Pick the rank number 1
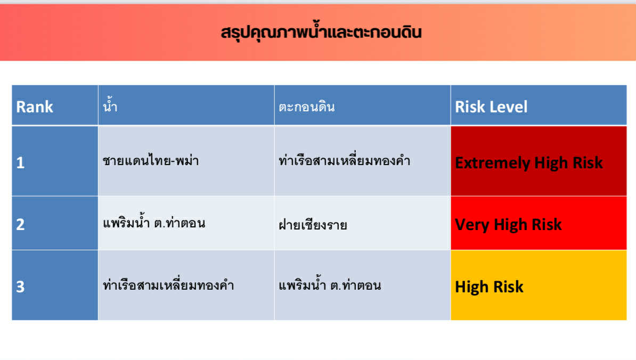[20, 163]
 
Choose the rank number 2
[20, 225]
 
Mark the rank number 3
[20, 287]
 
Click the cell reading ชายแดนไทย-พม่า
[151, 160]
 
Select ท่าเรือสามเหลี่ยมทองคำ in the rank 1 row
[344, 160]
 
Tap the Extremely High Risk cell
[539, 161]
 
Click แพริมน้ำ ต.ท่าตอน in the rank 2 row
[154, 222]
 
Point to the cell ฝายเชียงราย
[313, 224]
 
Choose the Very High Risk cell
[539, 223]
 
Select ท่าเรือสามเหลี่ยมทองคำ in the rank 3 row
[168, 284]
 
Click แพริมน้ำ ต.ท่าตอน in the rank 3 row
[330, 284]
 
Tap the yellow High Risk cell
[539, 285]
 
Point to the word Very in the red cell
[472, 225]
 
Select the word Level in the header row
[509, 107]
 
